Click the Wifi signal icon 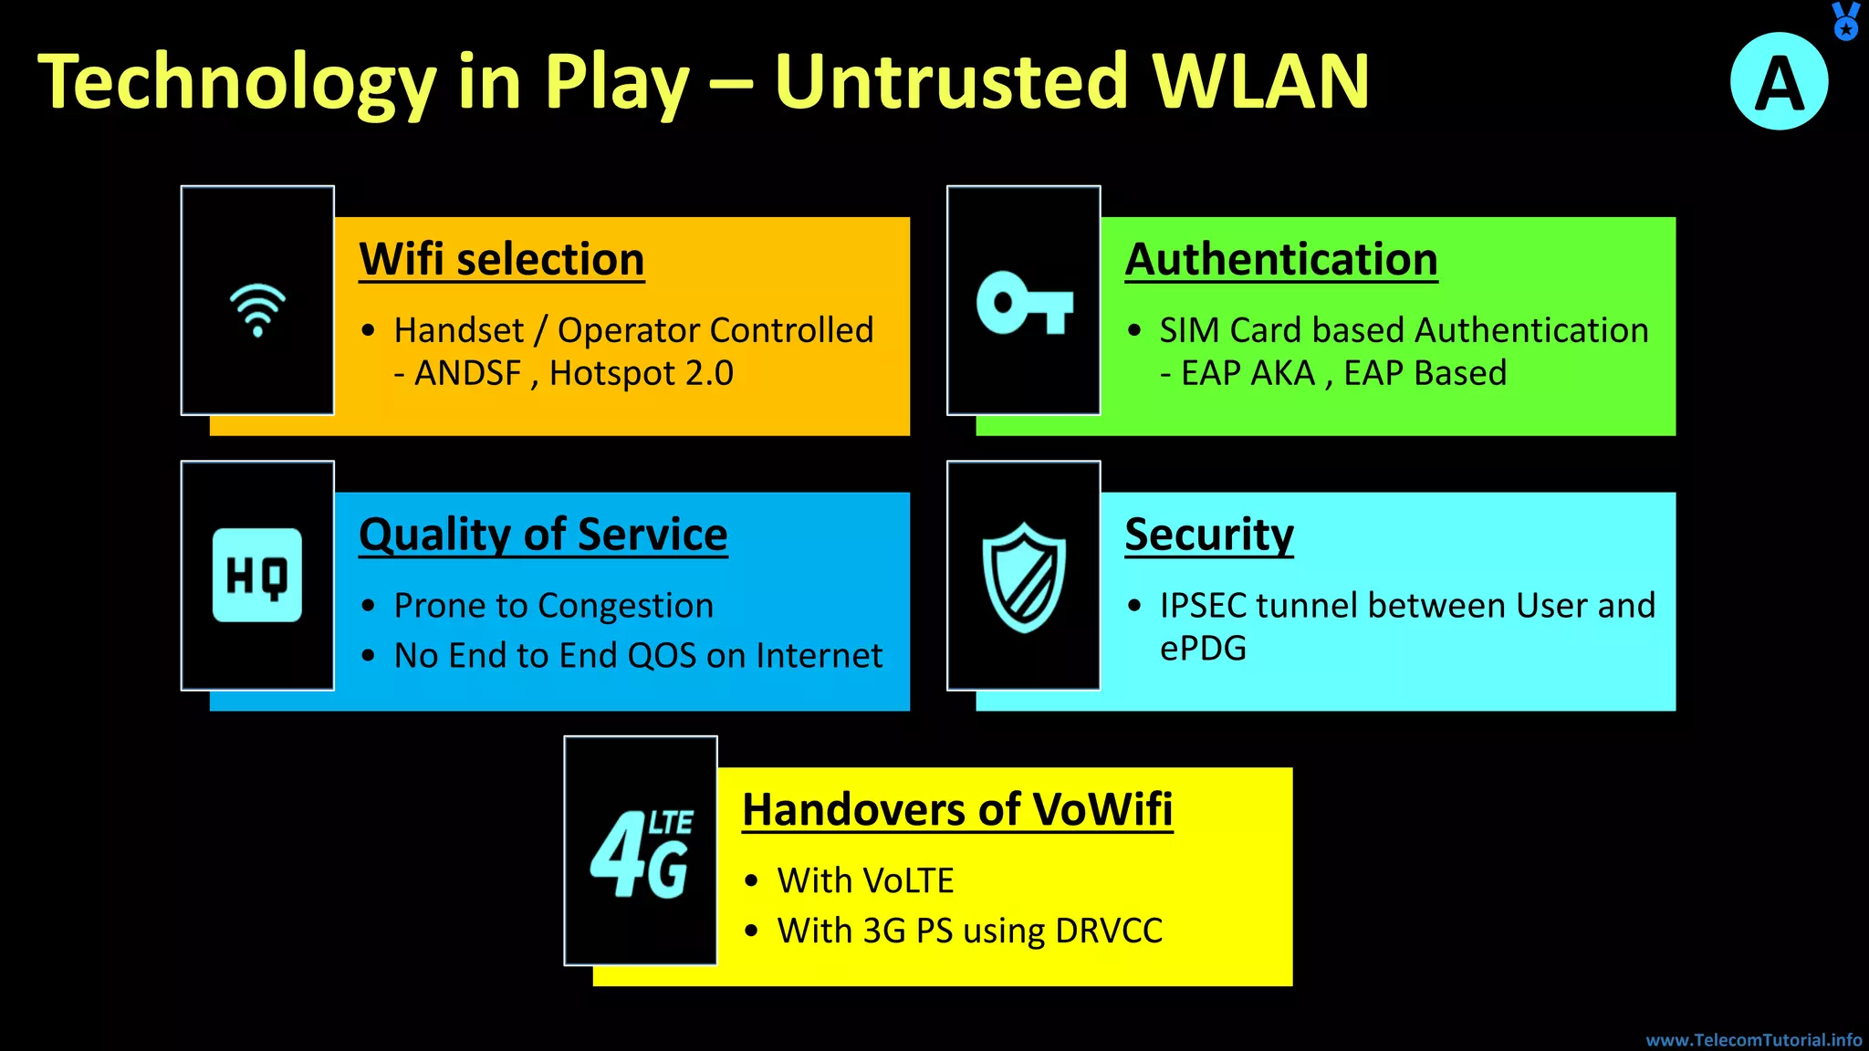click(257, 308)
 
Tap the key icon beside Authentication click(1024, 303)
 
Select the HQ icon click(257, 576)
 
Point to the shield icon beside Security click(1024, 577)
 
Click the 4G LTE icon click(641, 854)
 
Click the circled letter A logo click(1779, 82)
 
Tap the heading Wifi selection click(502, 259)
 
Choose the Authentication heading click(1281, 259)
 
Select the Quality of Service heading click(543, 535)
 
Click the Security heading click(1209, 535)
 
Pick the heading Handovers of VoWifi click(957, 809)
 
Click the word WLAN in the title click(1259, 82)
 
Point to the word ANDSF click(468, 373)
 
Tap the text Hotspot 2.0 click(642, 373)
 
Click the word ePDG click(1203, 649)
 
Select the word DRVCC click(1108, 931)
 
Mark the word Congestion click(625, 606)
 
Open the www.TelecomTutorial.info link click(1753, 1040)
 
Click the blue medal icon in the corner click(1845, 20)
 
